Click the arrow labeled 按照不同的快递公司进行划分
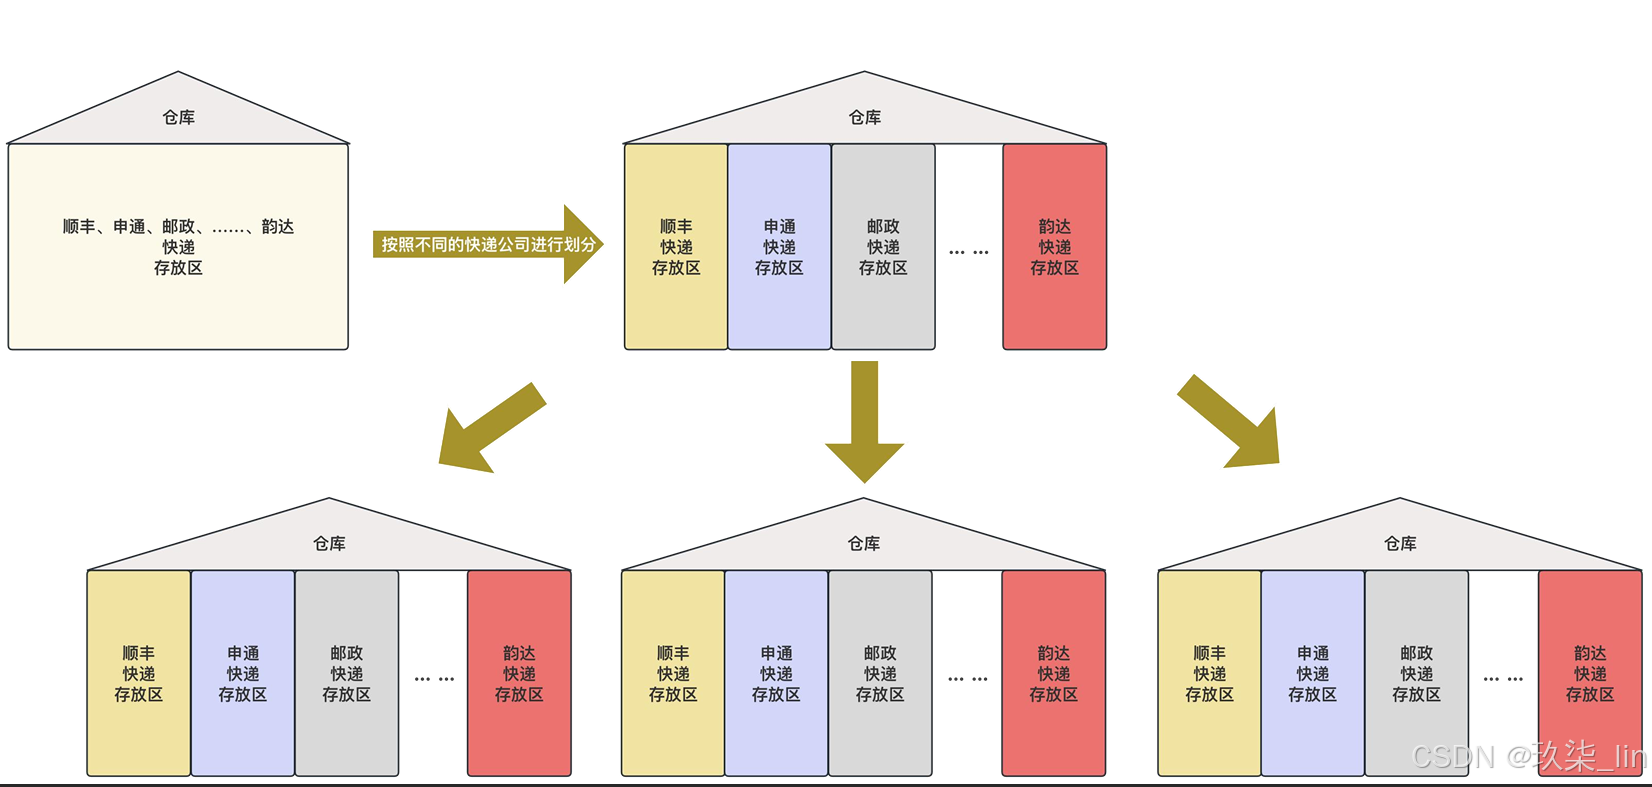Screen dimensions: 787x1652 (488, 244)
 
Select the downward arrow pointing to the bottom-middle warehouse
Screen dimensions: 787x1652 (865, 420)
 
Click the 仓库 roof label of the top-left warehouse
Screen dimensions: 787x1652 (179, 117)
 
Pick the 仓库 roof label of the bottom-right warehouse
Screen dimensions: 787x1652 (1400, 543)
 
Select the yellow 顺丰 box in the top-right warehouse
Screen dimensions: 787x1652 (676, 247)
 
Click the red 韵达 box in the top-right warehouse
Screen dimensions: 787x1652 (1054, 247)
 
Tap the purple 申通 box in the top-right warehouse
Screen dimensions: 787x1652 (779, 247)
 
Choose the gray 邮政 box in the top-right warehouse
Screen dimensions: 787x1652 (883, 247)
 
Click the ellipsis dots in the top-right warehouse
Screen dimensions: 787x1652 (968, 252)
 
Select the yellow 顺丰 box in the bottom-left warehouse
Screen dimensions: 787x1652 (139, 673)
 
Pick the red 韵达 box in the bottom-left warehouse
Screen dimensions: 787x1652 (519, 673)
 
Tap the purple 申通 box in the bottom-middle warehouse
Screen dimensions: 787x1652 (776, 673)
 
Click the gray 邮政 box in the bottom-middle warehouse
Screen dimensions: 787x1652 (880, 673)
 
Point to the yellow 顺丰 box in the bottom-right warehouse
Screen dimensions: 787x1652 (1209, 673)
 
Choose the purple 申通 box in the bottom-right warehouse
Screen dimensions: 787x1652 (1313, 673)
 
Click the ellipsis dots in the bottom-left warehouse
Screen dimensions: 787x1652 (434, 679)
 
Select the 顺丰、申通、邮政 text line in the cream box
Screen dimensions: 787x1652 (178, 227)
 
